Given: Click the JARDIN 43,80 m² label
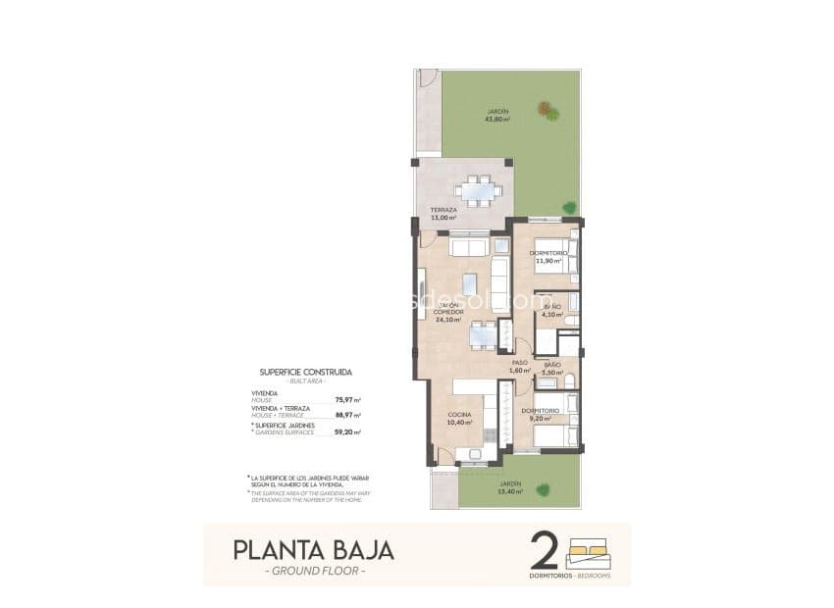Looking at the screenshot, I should click(x=497, y=115).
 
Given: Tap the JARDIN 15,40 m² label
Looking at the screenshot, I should click(x=509, y=487).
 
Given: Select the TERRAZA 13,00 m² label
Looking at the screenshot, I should click(x=443, y=214).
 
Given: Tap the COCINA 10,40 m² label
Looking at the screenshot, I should click(x=460, y=419).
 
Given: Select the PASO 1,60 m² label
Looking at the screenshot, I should click(x=519, y=366).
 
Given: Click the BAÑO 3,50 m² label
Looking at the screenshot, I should click(x=552, y=369).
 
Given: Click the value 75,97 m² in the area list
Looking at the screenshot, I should click(x=347, y=400).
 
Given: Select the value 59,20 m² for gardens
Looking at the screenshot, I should click(x=347, y=431).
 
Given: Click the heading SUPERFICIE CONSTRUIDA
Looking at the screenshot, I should click(x=305, y=373).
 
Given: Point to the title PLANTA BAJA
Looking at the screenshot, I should click(x=313, y=550).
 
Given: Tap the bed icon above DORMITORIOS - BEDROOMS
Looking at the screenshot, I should click(x=589, y=549).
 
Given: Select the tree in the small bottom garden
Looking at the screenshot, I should click(x=542, y=487).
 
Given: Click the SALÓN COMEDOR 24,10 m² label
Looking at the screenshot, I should click(x=448, y=312).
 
